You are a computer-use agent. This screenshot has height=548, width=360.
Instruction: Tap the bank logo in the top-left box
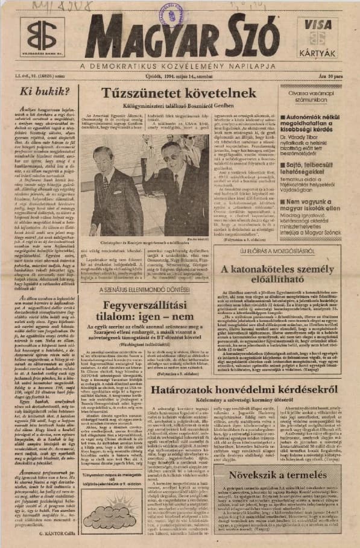[41, 35]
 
